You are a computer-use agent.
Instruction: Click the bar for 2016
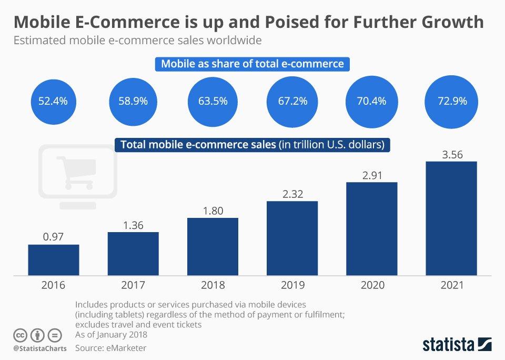coord(53,259)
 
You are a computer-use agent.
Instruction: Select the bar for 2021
coord(451,218)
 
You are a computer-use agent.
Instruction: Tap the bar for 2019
coord(292,238)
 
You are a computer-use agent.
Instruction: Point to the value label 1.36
coord(133,225)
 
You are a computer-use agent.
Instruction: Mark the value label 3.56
coord(451,154)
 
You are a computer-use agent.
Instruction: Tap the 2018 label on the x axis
coord(213,285)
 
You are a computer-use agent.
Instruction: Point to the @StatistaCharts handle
coord(40,348)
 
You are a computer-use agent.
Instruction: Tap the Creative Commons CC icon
coord(21,335)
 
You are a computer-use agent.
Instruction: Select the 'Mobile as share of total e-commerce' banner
coord(252,64)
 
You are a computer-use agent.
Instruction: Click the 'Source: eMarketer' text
coord(111,348)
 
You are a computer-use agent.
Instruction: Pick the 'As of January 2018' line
coord(111,335)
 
